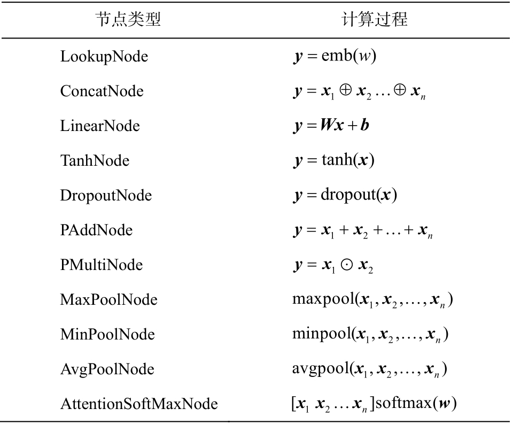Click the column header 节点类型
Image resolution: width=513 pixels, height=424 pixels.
(x=128, y=19)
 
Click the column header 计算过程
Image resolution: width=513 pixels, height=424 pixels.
(x=375, y=19)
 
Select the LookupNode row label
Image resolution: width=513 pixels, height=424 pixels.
(x=104, y=57)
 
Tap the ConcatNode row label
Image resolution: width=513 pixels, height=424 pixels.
(x=102, y=91)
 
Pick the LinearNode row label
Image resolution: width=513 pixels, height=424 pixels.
(x=100, y=126)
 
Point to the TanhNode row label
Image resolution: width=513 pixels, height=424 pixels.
(x=95, y=160)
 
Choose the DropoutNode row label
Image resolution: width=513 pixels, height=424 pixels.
(x=106, y=196)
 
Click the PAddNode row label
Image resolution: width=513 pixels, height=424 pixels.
(x=96, y=230)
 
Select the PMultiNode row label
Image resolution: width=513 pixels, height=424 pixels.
(x=102, y=265)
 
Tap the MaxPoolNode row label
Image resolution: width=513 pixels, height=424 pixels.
(x=108, y=299)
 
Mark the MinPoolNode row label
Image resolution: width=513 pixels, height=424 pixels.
(x=107, y=334)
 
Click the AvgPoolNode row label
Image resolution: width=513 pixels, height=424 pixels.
(x=107, y=369)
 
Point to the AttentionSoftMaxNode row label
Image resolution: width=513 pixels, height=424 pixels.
(x=139, y=404)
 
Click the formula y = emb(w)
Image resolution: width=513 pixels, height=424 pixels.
(x=335, y=56)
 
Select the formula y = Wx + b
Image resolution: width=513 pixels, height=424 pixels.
(x=331, y=126)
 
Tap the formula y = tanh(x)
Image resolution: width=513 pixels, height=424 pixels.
(x=333, y=160)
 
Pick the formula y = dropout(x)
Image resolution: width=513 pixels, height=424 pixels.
(x=345, y=195)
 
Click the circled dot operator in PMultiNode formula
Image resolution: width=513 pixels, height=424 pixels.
(x=346, y=265)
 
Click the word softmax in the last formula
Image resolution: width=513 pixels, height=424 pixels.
(x=403, y=403)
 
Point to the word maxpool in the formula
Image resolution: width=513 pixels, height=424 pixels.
(x=324, y=299)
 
